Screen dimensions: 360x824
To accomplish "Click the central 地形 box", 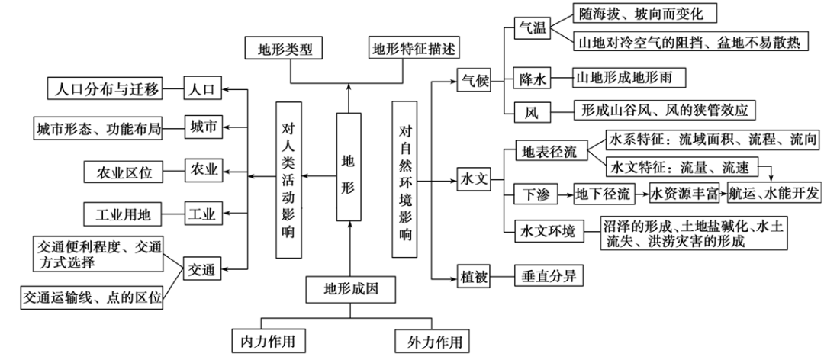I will [x=348, y=166].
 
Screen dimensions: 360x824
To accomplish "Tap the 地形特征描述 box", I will [x=414, y=49].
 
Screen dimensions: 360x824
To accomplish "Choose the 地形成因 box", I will [x=351, y=288].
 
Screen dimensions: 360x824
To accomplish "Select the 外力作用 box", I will [x=429, y=339].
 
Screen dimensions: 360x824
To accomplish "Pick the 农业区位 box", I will [x=124, y=172].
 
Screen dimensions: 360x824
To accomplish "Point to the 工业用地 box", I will [x=124, y=214].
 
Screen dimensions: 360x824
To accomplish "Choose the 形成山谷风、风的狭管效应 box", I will [x=664, y=110].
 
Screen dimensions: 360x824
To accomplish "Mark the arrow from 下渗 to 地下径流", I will [x=565, y=194].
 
